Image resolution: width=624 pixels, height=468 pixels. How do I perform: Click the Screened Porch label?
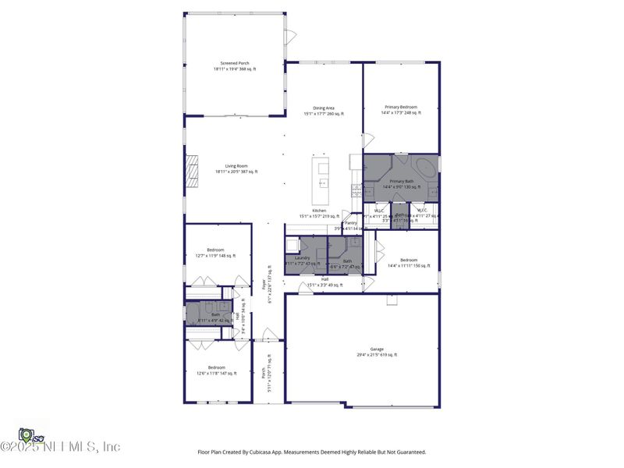point(234,63)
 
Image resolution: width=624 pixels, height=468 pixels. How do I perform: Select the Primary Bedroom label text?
point(401,107)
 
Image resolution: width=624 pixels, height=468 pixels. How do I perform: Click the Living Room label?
point(236,165)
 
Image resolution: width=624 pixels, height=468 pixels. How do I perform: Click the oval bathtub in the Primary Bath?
point(426,168)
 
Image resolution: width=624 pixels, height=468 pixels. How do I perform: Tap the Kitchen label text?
point(319,211)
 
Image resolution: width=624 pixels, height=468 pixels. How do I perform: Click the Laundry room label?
point(303,257)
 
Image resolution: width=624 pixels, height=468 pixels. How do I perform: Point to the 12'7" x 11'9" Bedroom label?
point(215,250)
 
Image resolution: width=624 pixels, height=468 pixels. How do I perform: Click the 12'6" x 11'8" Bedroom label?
point(216,367)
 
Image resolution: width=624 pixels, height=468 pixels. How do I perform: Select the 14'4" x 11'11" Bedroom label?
point(409,260)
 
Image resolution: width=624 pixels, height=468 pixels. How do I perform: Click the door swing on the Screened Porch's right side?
point(290,37)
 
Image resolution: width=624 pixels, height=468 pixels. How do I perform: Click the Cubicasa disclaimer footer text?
point(312,452)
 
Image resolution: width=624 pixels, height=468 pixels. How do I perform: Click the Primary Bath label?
point(401,181)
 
